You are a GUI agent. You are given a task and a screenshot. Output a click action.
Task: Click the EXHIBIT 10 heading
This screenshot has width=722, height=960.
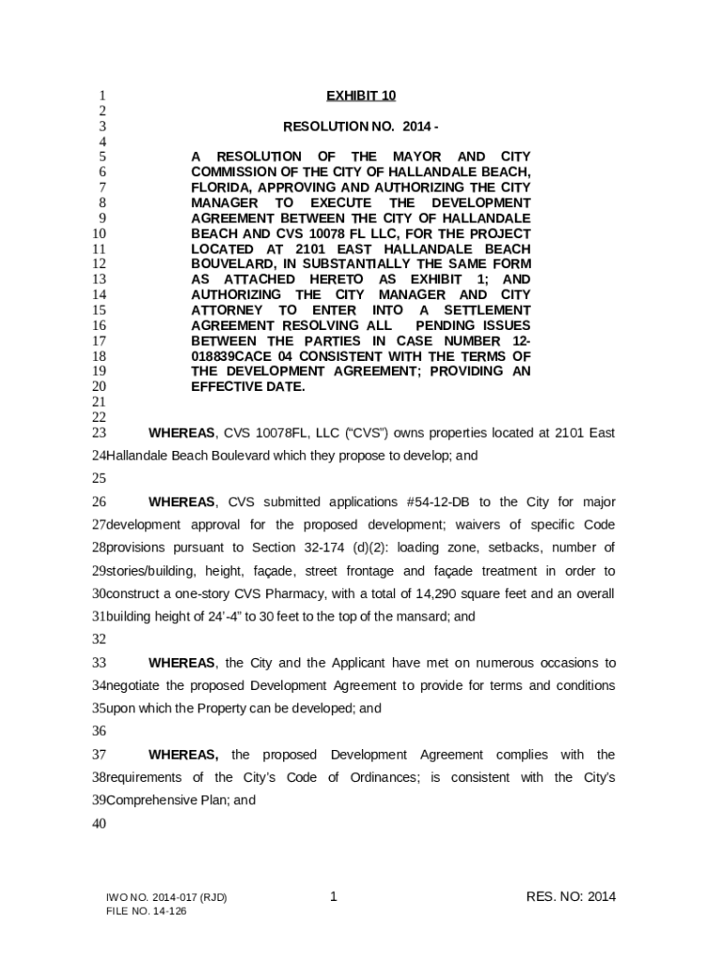pyautogui.click(x=361, y=96)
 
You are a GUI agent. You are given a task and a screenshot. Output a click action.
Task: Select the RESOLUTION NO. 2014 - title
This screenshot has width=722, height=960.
pyautogui.click(x=361, y=126)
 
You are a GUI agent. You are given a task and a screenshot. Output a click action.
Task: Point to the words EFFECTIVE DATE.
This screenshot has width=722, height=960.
pyautogui.click(x=248, y=387)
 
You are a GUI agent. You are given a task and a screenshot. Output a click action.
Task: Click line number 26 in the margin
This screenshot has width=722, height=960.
pyautogui.click(x=98, y=502)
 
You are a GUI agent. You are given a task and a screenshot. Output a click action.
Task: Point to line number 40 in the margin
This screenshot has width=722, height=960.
pyautogui.click(x=98, y=824)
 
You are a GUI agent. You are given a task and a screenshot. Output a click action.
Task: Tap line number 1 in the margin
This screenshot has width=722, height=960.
pyautogui.click(x=99, y=96)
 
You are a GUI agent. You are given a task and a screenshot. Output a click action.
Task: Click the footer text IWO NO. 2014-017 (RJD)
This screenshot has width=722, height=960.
pyautogui.click(x=167, y=898)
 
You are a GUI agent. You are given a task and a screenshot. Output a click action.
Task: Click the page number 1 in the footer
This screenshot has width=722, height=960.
pyautogui.click(x=334, y=898)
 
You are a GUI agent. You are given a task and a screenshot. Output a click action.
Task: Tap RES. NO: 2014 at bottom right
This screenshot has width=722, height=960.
pyautogui.click(x=571, y=898)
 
